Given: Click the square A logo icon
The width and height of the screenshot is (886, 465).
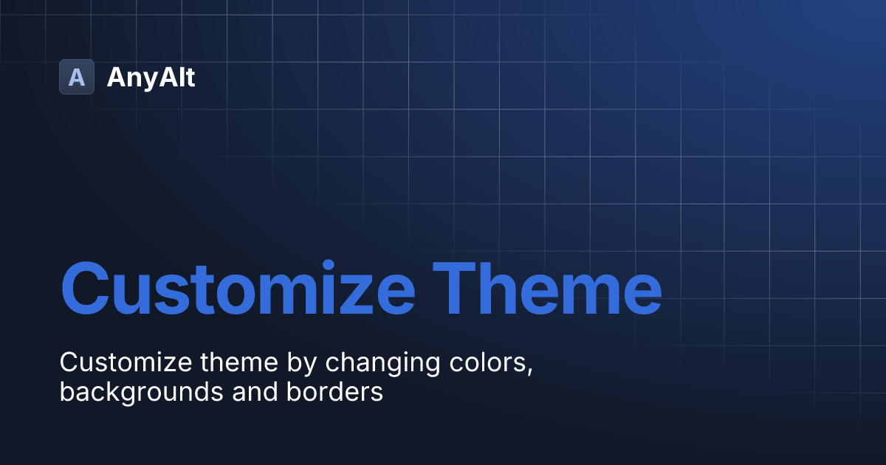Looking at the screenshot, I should (x=77, y=77).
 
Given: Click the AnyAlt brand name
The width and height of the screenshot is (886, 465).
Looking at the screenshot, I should (x=151, y=77).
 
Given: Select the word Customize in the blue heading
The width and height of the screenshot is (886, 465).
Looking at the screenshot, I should (x=238, y=287).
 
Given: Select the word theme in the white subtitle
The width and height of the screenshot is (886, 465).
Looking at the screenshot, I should (x=233, y=362).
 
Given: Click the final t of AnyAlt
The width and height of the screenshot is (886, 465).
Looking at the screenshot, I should (x=190, y=77).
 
